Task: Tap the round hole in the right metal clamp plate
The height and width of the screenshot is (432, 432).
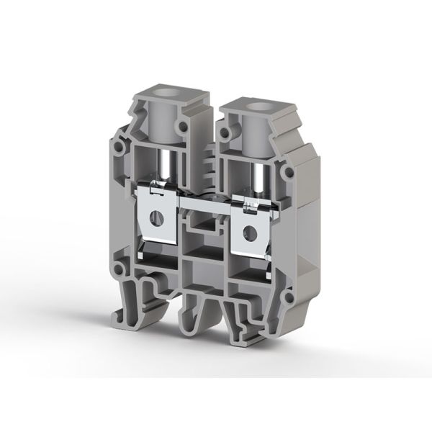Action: click(251, 232)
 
